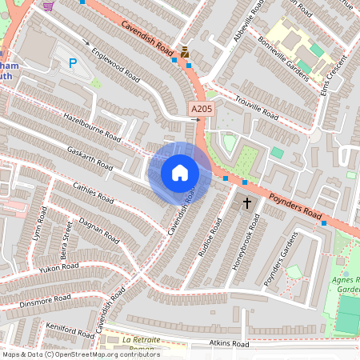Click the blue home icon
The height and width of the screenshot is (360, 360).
[180, 172]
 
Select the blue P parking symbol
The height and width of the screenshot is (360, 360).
[74, 63]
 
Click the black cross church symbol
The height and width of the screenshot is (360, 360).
[246, 203]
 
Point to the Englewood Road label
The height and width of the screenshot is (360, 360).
[116, 65]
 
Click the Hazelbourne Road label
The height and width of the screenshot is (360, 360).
[91, 127]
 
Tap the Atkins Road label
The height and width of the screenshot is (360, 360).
[230, 344]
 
